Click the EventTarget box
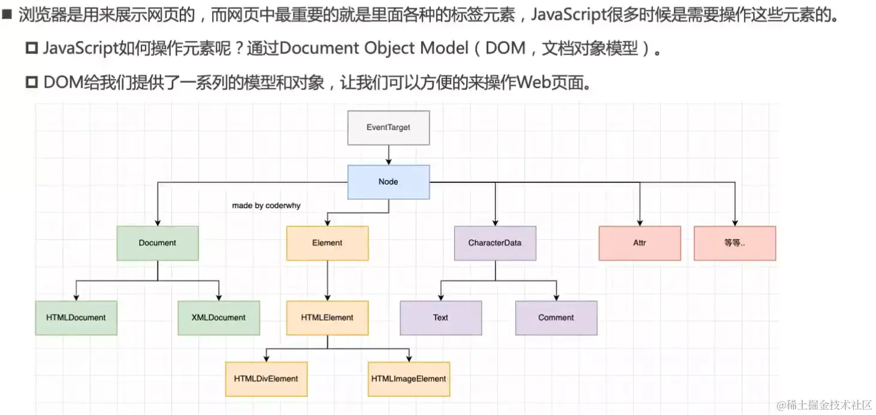(388, 128)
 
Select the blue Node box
(388, 182)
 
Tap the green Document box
(158, 243)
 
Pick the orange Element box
(327, 243)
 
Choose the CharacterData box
(495, 243)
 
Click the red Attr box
(639, 243)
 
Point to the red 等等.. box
(735, 243)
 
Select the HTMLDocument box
(76, 318)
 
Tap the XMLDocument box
(219, 318)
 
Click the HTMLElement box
(327, 318)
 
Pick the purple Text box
(440, 318)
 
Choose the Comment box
(556, 318)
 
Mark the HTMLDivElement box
(266, 379)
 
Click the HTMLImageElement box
(409, 379)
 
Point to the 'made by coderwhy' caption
(266, 206)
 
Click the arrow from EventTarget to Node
(388, 155)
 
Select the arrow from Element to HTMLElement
(327, 281)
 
